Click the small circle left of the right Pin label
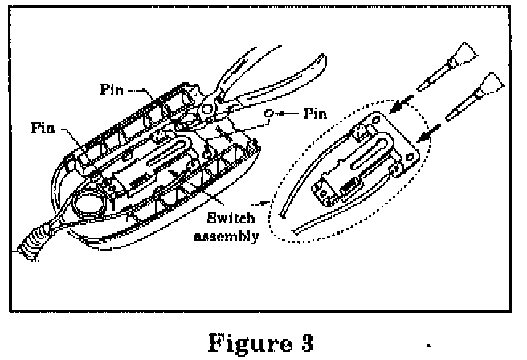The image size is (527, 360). coord(272,113)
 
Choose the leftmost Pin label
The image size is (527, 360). coord(45,126)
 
